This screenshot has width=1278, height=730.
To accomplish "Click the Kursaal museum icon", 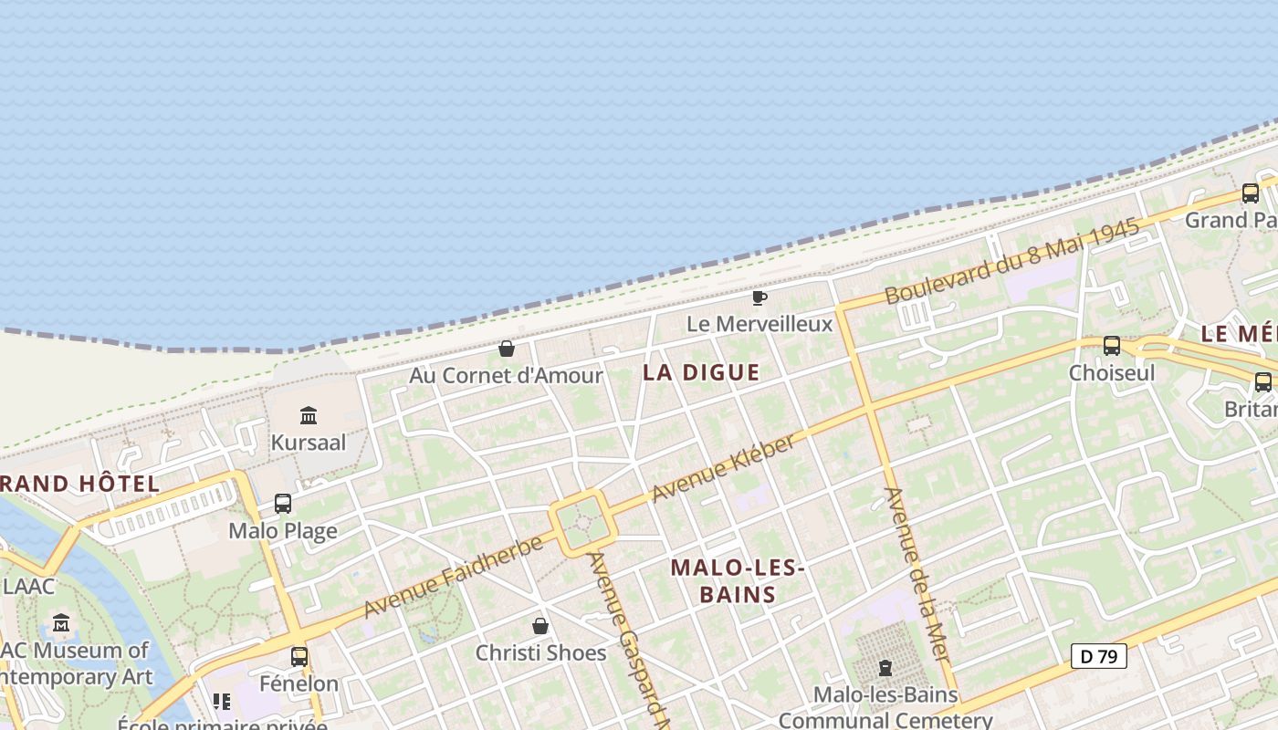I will pyautogui.click(x=309, y=416).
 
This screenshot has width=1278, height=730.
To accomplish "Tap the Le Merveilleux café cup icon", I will pyautogui.click(x=759, y=297).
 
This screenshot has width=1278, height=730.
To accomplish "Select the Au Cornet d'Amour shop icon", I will pyautogui.click(x=506, y=349).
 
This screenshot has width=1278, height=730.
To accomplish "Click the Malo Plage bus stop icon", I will pyautogui.click(x=283, y=504).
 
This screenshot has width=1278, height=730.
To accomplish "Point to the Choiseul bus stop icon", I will pyautogui.click(x=1111, y=346).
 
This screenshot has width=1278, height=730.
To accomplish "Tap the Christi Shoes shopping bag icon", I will pyautogui.click(x=540, y=626).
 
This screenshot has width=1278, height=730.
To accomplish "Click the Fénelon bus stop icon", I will pyautogui.click(x=299, y=656).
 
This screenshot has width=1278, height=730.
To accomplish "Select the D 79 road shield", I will pyautogui.click(x=1098, y=655).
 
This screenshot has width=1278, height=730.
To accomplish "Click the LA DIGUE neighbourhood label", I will pyautogui.click(x=701, y=372).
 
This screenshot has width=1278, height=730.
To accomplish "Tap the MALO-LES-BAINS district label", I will pyautogui.click(x=738, y=581).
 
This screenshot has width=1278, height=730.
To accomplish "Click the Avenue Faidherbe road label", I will pyautogui.click(x=453, y=577).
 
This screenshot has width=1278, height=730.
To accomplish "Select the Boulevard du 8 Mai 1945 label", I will pyautogui.click(x=1012, y=261).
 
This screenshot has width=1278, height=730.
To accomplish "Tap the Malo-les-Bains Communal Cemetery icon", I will pyautogui.click(x=884, y=668).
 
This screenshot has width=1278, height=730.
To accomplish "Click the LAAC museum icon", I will pyautogui.click(x=61, y=623).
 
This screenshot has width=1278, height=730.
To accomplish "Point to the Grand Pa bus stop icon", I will pyautogui.click(x=1250, y=193).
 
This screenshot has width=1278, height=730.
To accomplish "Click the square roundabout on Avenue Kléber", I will pyautogui.click(x=582, y=523).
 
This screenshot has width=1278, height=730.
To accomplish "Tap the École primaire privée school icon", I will pyautogui.click(x=221, y=702).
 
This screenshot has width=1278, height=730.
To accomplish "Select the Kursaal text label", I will pyautogui.click(x=309, y=443).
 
